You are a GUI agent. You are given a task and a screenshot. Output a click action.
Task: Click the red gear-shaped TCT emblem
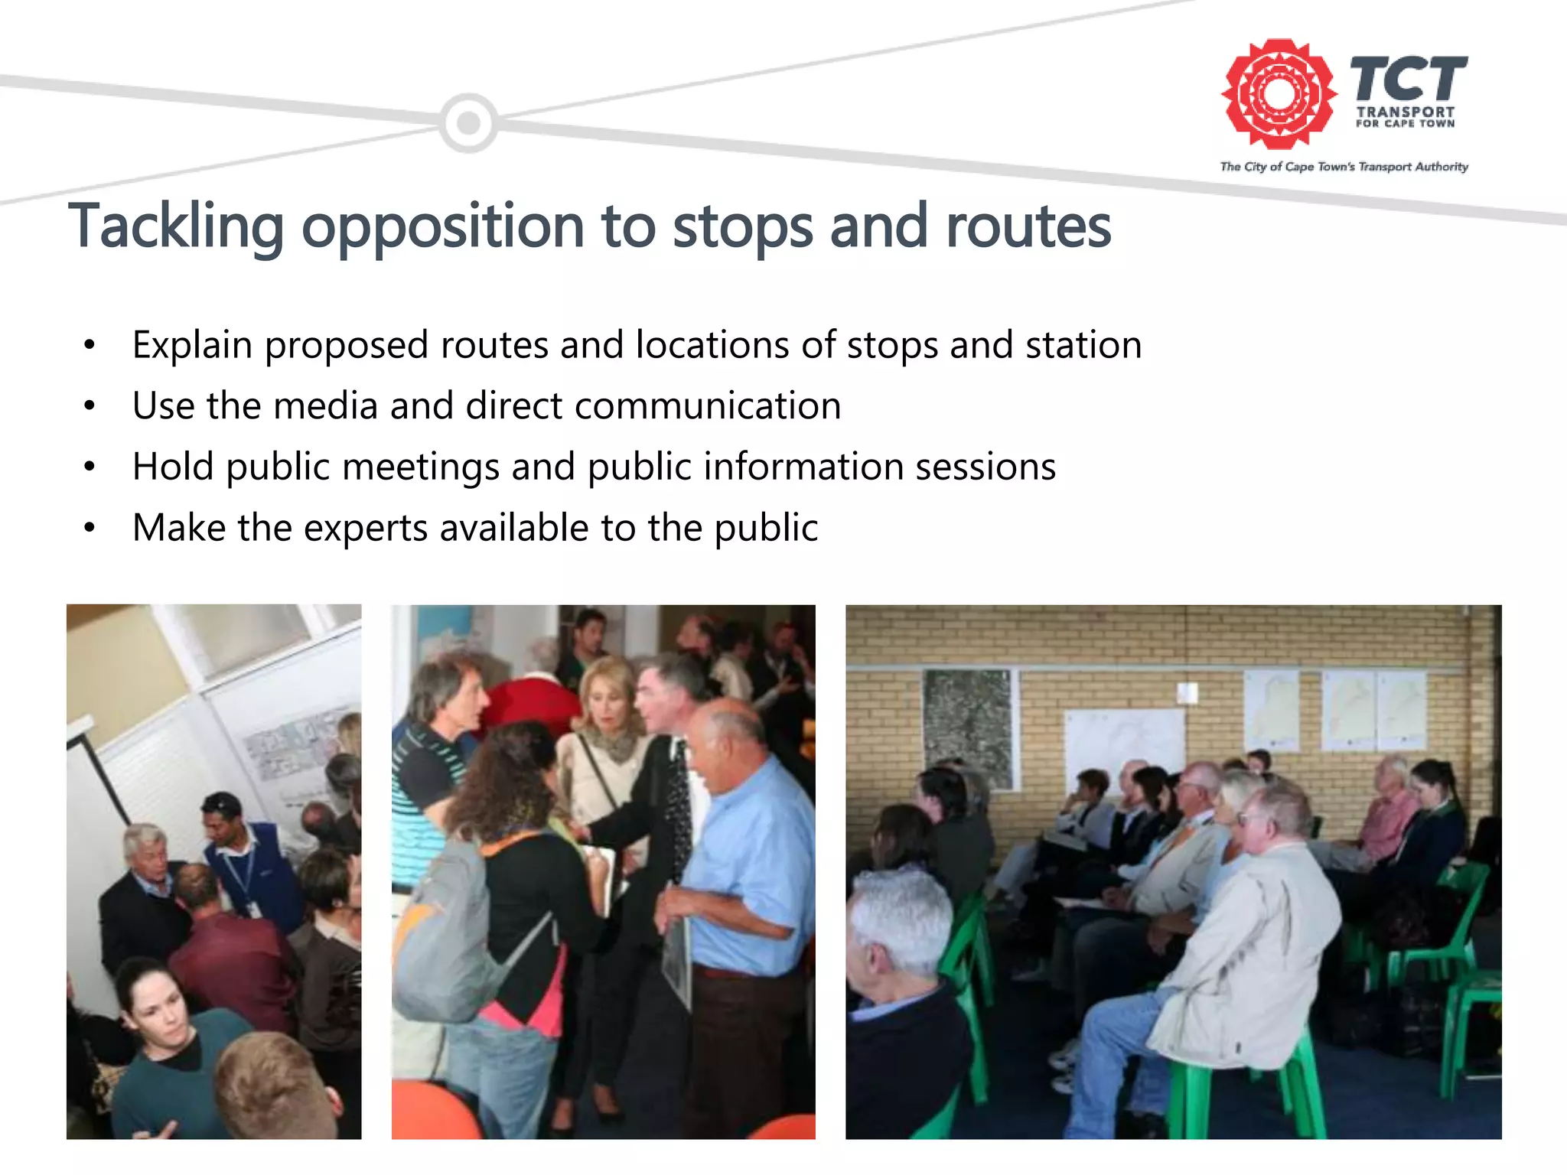pyautogui.click(x=1278, y=93)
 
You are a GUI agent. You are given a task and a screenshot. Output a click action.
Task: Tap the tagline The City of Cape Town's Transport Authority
pyautogui.click(x=1344, y=167)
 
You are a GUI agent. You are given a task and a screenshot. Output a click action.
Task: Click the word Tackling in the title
pyautogui.click(x=176, y=226)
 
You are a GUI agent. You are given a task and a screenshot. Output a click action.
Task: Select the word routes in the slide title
pyautogui.click(x=1028, y=226)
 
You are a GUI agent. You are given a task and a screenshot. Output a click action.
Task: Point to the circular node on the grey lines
pyautogui.click(x=468, y=122)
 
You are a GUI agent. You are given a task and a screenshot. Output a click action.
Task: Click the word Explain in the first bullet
pyautogui.click(x=192, y=345)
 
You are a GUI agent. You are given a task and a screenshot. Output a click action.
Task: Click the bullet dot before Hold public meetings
pyautogui.click(x=90, y=467)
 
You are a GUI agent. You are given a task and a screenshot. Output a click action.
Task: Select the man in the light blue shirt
pyautogui.click(x=746, y=864)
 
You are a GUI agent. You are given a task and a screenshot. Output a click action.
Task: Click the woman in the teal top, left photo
pyautogui.click(x=165, y=1048)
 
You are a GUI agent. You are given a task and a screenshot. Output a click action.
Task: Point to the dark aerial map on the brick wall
pyautogui.click(x=968, y=727)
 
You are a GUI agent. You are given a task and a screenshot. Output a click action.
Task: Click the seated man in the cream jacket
pyautogui.click(x=1255, y=941)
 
